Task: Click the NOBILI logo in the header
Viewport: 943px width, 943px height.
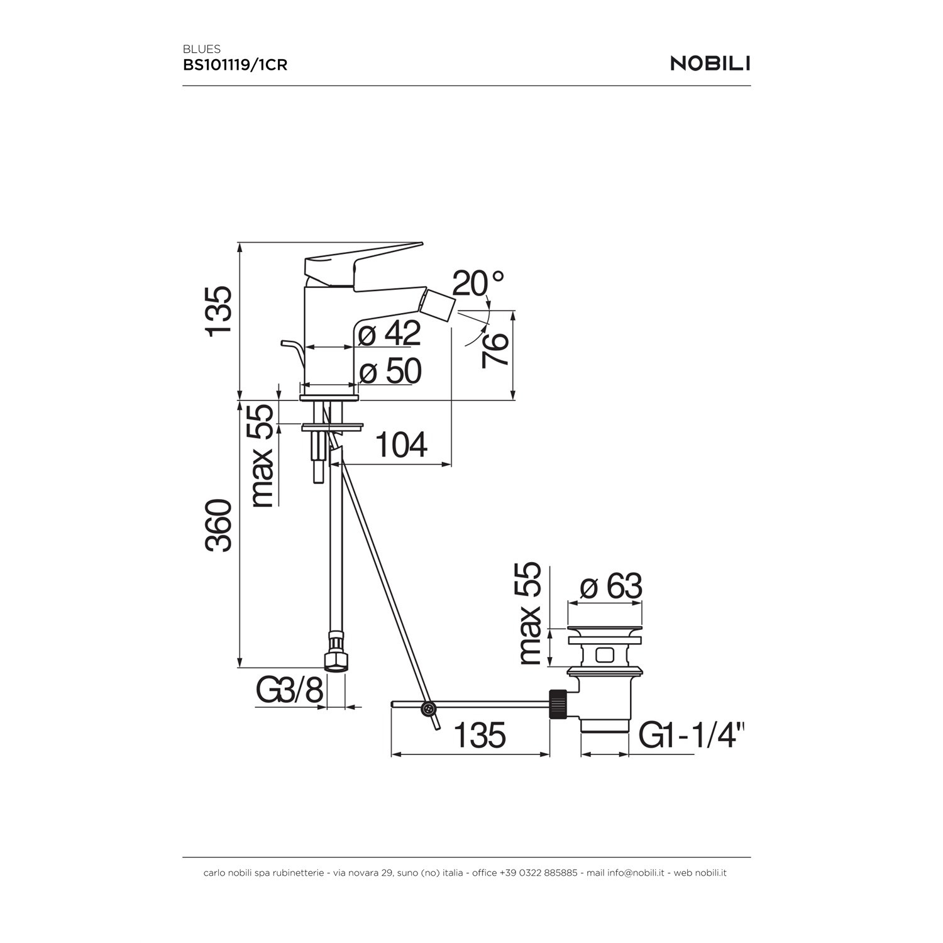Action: [x=710, y=63]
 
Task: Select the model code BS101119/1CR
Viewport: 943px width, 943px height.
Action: [x=235, y=65]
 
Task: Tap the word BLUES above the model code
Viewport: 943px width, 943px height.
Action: [x=202, y=48]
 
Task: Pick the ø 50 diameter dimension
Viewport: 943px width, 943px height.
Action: [x=390, y=371]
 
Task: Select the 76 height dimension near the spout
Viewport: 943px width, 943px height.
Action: [x=495, y=350]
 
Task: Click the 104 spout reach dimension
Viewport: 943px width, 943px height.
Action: [x=401, y=444]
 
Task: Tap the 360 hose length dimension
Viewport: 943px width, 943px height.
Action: [x=219, y=526]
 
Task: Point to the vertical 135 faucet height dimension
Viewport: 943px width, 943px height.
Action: [x=219, y=311]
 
